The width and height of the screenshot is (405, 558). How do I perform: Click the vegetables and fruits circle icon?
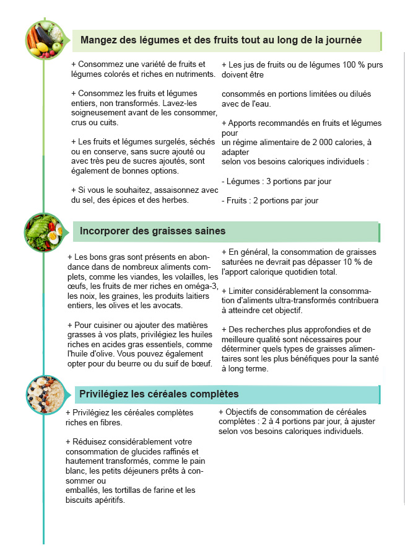pos(43,38)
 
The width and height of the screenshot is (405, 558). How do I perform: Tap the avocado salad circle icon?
pos(43,231)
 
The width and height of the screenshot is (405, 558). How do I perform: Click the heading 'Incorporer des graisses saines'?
pos(152,231)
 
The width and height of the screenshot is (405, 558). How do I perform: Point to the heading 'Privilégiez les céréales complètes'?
pos(159,394)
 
